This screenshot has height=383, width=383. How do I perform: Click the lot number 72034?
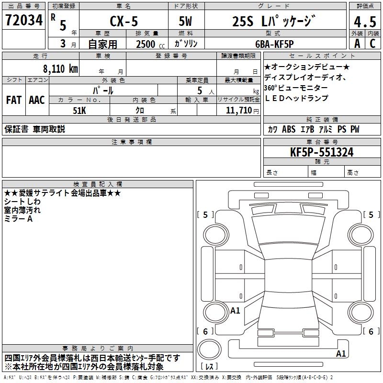tap(24, 20)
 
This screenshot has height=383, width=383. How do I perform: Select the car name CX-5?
tap(124, 21)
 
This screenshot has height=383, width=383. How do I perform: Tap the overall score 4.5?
tap(365, 22)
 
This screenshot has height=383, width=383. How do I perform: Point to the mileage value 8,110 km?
tap(61, 68)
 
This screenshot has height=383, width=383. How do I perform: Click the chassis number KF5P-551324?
tap(322, 152)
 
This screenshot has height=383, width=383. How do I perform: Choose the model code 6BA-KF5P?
tap(274, 44)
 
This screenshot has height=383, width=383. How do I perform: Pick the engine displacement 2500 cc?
tap(150, 44)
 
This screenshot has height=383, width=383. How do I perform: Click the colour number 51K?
tap(79, 111)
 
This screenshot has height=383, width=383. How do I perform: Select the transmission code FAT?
tap(14, 100)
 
